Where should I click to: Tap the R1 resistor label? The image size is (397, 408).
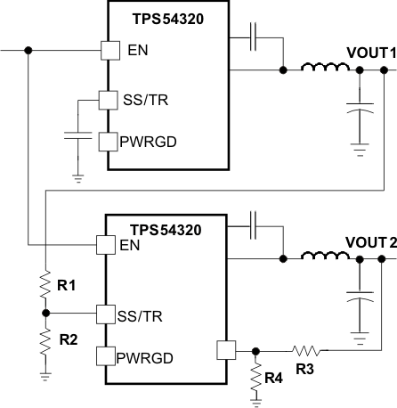coord(66,287)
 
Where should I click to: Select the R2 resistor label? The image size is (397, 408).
coord(66,339)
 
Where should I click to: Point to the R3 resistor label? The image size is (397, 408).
coord(304,367)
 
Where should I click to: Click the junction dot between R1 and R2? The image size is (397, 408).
coord(45,314)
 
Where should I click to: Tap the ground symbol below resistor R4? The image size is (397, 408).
coord(255,401)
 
